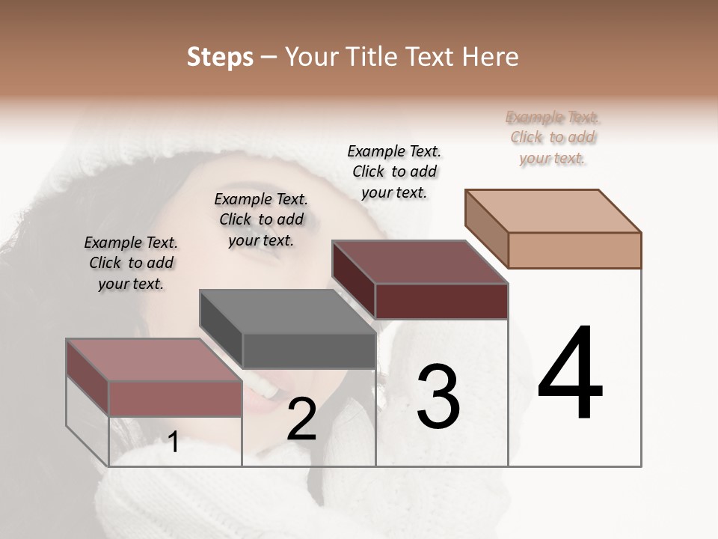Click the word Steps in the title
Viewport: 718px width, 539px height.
tap(220, 57)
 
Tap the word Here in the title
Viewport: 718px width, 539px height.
tap(489, 57)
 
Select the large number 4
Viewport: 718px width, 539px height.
tap(570, 374)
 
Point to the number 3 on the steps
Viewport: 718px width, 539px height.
tap(438, 397)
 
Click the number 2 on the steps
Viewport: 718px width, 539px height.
tap(301, 419)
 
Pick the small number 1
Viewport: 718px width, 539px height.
tap(174, 442)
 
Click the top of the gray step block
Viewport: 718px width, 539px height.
tap(287, 311)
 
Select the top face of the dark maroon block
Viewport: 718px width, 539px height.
tap(420, 262)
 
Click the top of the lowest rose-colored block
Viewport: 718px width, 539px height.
tap(154, 360)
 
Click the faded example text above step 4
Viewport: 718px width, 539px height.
tap(553, 138)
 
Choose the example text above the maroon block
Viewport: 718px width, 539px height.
tap(394, 171)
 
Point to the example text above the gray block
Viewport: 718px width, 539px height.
tap(261, 219)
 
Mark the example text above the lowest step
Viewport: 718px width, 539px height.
tap(131, 263)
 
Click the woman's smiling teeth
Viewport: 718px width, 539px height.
tap(262, 386)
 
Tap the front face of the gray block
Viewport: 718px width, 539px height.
tap(309, 351)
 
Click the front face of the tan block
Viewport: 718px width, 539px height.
tap(574, 250)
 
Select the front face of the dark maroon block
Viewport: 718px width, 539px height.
tap(441, 301)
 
